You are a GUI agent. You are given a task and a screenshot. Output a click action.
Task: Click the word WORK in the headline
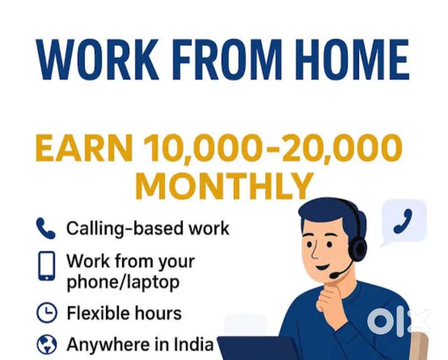coord(97,59)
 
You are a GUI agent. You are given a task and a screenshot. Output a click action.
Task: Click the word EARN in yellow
coord(84,148)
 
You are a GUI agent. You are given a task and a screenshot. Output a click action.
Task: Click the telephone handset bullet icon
coord(45,228)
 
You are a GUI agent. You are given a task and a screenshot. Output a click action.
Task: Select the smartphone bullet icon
coord(46,266)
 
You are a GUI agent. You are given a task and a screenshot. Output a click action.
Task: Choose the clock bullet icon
coord(47,312)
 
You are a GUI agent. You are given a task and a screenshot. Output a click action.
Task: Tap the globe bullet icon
coord(47,345)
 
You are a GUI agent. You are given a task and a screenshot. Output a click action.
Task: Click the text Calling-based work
coord(148,229)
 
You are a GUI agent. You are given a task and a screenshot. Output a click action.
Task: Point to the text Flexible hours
coord(124,313)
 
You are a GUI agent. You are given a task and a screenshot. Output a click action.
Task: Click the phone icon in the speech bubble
coord(403,221)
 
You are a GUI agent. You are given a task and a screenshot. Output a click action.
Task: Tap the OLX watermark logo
coord(398,322)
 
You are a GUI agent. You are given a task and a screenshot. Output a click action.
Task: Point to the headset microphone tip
coord(334,276)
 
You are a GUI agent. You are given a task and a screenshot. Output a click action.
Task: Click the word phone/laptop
coord(123,282)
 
